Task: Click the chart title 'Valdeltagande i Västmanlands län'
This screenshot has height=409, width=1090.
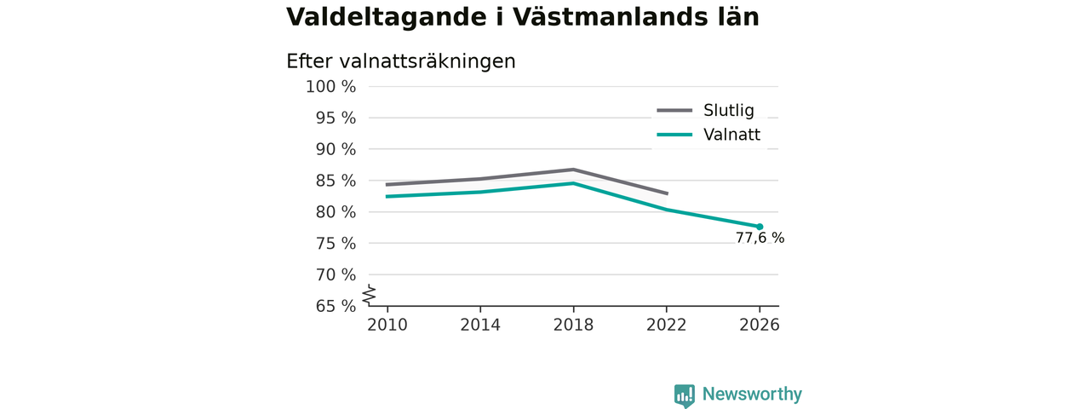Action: pos(523,17)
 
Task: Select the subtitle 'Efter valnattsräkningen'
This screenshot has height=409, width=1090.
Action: pos(400,62)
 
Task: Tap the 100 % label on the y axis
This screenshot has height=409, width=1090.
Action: pos(331,87)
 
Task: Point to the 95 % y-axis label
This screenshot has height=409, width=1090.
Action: pos(336,118)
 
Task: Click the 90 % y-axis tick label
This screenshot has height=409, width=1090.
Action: pos(336,149)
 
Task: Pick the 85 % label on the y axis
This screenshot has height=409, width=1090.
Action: pos(336,181)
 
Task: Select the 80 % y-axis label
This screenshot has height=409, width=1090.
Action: pos(336,212)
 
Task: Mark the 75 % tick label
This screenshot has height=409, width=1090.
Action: pos(336,244)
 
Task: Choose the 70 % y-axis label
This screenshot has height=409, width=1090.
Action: pos(336,275)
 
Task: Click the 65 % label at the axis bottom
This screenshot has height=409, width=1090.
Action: pos(336,306)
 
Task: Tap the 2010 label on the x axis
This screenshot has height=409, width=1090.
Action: pos(387,325)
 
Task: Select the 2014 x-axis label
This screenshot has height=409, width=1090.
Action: pos(480,325)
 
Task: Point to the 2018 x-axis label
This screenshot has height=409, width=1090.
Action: pos(573,325)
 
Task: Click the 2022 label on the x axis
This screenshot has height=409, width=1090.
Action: pos(666,325)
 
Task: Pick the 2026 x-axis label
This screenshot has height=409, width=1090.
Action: pos(759,325)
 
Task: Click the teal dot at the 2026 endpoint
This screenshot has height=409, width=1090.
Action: pos(760,227)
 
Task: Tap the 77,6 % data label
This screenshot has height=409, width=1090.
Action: pos(760,238)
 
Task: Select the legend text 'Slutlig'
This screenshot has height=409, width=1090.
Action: pos(728,111)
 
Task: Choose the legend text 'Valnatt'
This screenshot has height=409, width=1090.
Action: pos(731,135)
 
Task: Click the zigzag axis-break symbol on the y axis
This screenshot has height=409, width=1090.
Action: pos(370,295)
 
